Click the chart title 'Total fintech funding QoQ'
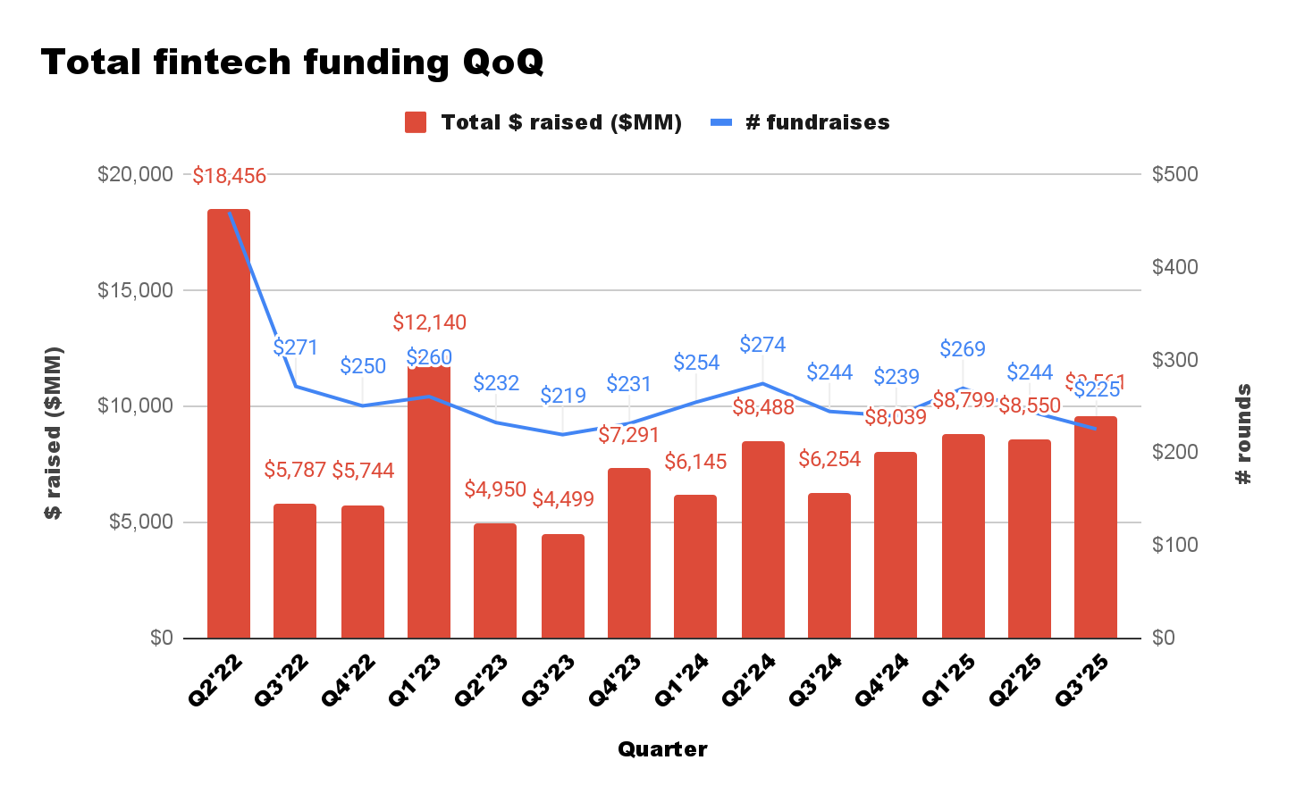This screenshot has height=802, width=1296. (292, 63)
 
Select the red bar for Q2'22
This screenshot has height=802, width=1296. (229, 424)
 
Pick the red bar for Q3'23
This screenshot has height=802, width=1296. (563, 586)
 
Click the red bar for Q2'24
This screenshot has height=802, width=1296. (763, 539)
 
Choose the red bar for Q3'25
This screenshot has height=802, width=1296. (1096, 527)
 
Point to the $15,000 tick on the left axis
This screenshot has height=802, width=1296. (135, 290)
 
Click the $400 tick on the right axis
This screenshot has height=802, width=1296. (1174, 267)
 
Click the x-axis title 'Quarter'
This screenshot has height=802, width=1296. (662, 749)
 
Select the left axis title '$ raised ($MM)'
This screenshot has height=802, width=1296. (54, 433)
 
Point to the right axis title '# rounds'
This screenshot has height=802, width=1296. (1243, 435)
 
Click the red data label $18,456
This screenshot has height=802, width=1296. (230, 176)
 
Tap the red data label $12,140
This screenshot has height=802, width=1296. (430, 322)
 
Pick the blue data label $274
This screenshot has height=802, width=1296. (762, 345)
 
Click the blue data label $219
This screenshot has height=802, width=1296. (563, 396)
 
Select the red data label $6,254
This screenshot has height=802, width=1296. (829, 459)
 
